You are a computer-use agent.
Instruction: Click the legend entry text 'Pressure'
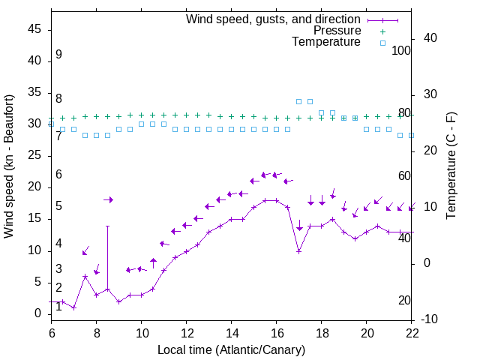(337, 31)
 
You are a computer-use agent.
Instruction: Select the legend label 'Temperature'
(326, 42)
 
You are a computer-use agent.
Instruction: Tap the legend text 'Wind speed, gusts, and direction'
(274, 19)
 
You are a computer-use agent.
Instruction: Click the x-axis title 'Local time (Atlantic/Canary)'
(232, 349)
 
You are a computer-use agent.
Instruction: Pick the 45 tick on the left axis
(34, 29)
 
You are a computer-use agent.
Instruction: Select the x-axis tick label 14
(232, 333)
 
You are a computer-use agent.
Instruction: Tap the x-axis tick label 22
(412, 333)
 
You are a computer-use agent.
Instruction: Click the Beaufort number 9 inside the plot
(58, 55)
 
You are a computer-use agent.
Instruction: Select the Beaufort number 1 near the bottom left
(58, 306)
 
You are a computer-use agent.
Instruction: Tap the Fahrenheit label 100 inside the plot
(401, 51)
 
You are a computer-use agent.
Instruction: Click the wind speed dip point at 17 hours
(298, 251)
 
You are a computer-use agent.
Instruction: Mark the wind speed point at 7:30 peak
(85, 277)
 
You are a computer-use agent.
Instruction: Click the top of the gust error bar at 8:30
(107, 226)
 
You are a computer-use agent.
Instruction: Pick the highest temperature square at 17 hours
(298, 101)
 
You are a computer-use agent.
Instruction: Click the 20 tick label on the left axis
(34, 187)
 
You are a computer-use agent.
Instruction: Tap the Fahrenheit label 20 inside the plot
(404, 301)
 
